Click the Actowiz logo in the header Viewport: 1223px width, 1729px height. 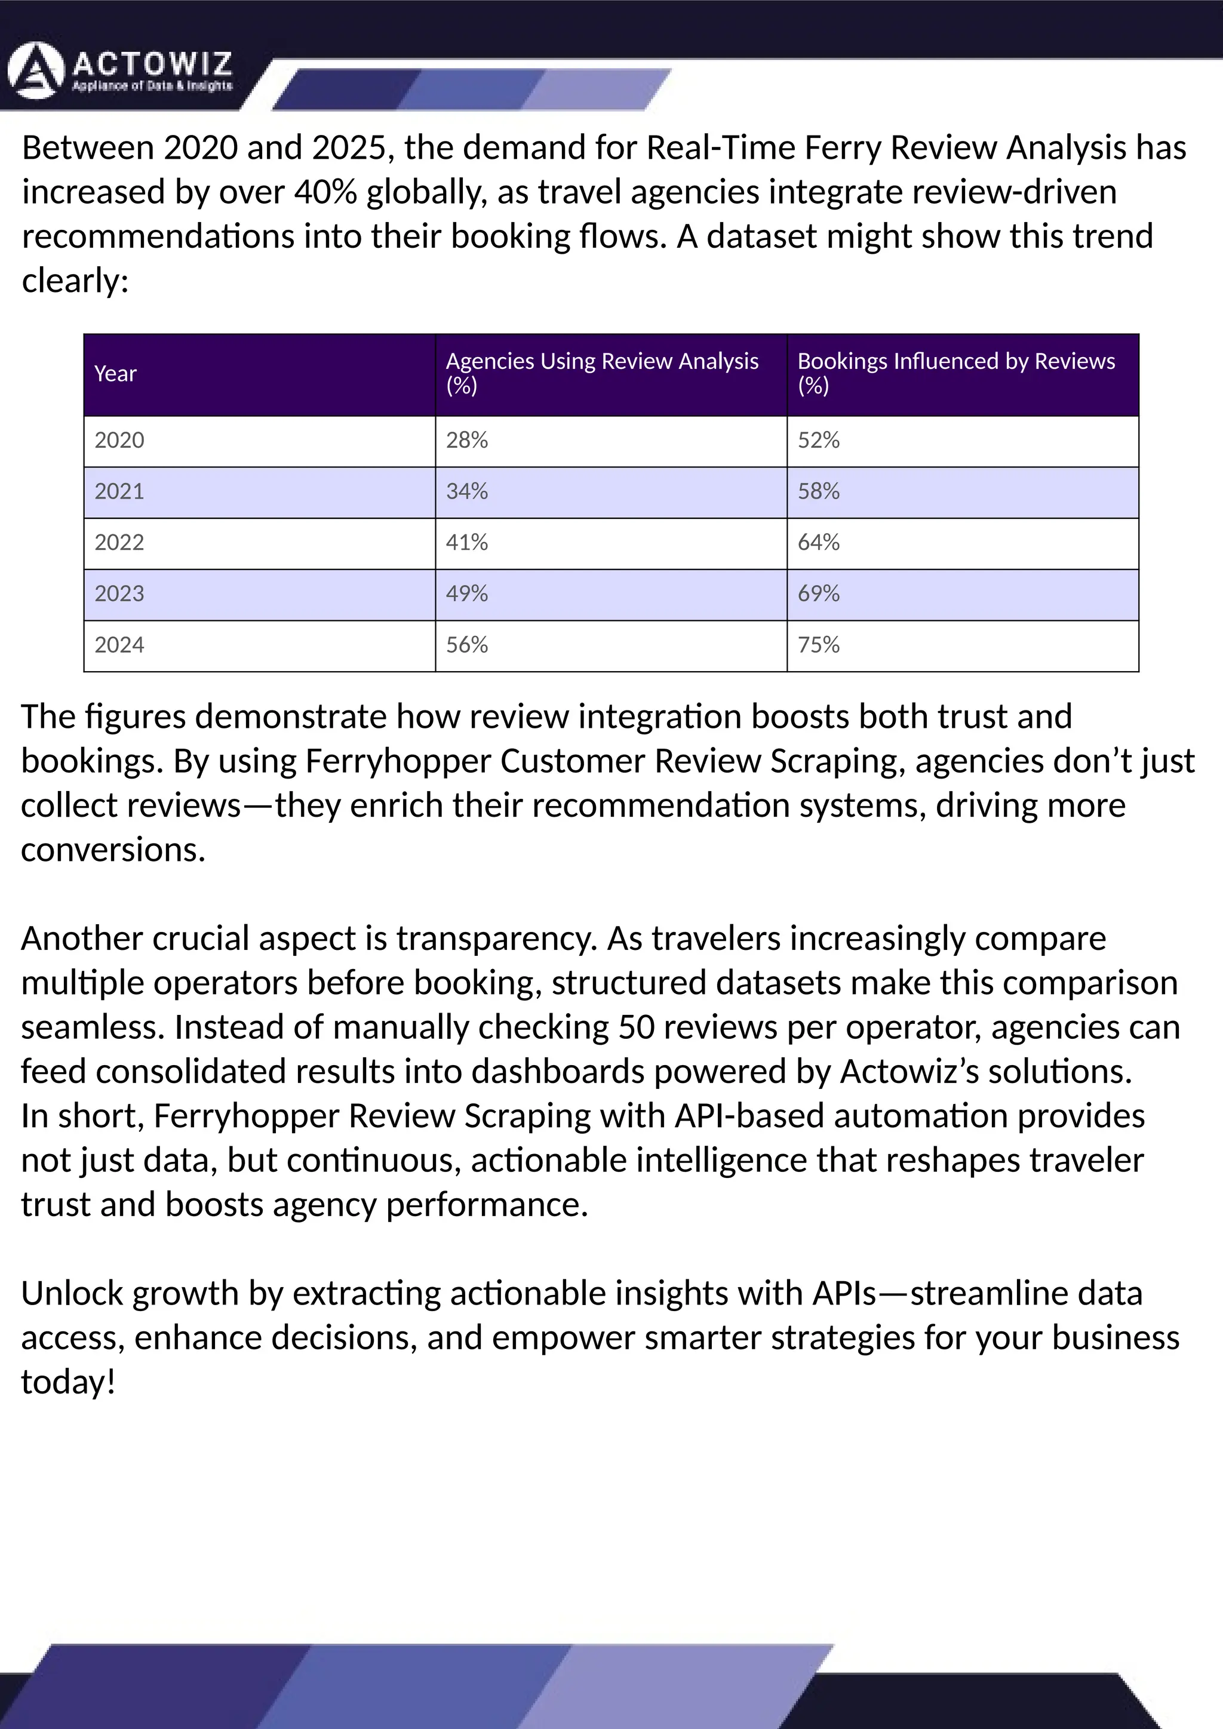pos(121,72)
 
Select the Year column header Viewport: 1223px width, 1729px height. pos(115,374)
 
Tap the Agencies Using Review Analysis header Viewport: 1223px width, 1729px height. pos(602,373)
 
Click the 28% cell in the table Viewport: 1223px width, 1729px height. pos(467,440)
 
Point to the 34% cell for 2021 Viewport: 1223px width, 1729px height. pos(467,491)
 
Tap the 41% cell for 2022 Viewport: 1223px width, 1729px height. pos(467,542)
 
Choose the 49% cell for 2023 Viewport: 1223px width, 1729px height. pos(467,593)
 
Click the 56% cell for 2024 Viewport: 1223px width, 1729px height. pos(467,645)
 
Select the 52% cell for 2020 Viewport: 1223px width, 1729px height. pos(819,440)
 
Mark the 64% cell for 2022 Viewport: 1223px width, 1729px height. pos(819,542)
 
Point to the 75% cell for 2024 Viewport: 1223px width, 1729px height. pos(819,645)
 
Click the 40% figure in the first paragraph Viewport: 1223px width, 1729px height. pos(325,193)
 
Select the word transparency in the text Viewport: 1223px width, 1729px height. pos(496,939)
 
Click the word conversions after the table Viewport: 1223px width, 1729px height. pos(113,850)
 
